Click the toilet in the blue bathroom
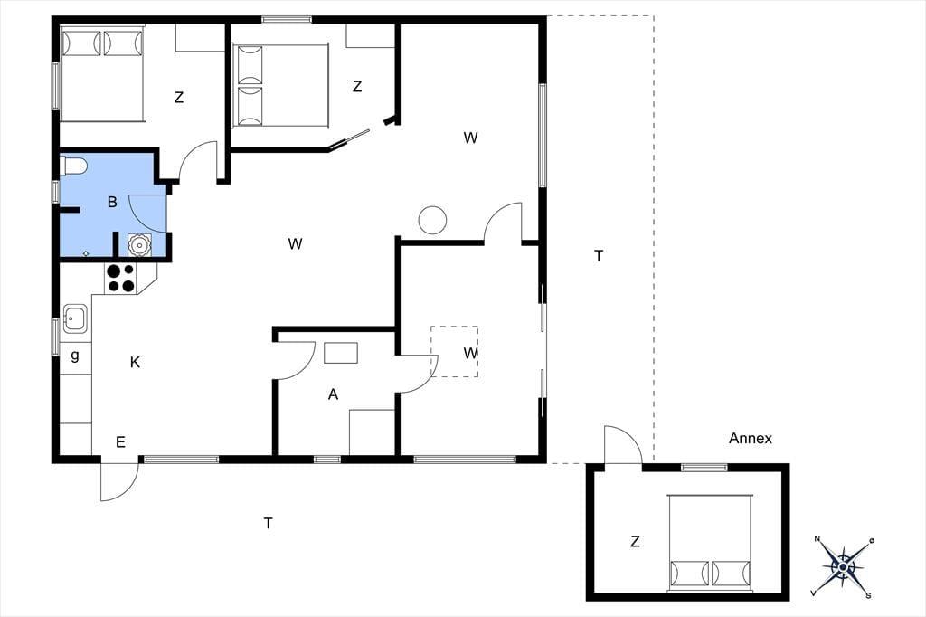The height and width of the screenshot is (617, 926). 74,166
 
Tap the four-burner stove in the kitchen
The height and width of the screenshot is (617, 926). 120,279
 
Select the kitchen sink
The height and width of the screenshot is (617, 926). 76,318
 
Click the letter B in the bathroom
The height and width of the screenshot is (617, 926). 112,202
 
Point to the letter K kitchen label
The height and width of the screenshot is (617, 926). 136,362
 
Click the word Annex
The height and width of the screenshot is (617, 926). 750,439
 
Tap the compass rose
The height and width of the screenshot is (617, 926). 844,566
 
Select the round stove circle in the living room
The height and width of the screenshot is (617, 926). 432,220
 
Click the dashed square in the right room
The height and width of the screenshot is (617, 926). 454,351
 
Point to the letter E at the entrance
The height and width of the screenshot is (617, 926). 120,442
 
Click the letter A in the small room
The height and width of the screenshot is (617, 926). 333,394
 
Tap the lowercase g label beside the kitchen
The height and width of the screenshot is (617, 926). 75,356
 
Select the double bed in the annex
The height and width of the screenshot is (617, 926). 711,543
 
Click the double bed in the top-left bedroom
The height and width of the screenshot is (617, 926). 102,73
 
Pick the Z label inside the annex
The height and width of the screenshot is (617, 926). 635,541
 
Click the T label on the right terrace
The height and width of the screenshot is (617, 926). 599,256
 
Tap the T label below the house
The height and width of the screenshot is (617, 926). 268,523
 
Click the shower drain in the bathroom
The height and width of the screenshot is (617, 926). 86,253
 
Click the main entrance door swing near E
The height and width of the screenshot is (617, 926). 119,481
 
